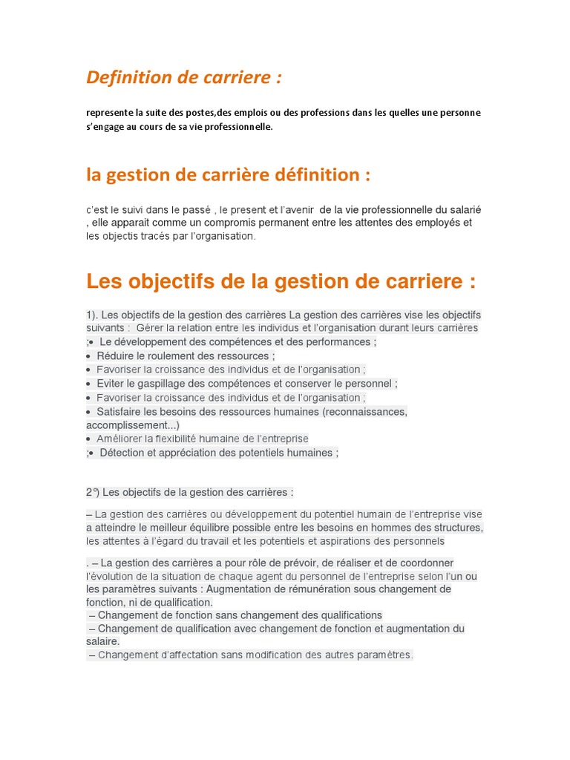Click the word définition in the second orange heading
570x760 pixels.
click(x=317, y=175)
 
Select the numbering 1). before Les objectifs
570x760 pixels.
click(x=92, y=315)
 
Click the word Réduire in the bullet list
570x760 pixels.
click(x=116, y=356)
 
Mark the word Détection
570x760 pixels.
click(x=124, y=452)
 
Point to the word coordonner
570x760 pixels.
click(x=424, y=563)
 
